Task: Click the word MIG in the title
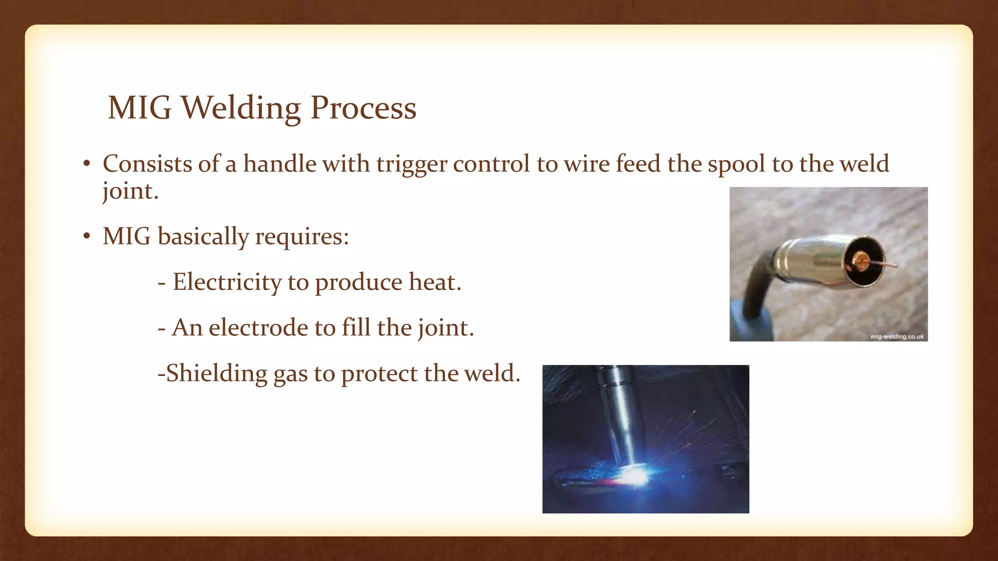pyautogui.click(x=139, y=108)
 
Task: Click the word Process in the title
pyautogui.click(x=363, y=108)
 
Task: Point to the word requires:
pyautogui.click(x=302, y=237)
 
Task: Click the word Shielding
pyautogui.click(x=217, y=374)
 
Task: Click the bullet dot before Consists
pyautogui.click(x=86, y=165)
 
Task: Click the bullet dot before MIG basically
pyautogui.click(x=86, y=237)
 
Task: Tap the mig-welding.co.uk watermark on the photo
pyautogui.click(x=897, y=337)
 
